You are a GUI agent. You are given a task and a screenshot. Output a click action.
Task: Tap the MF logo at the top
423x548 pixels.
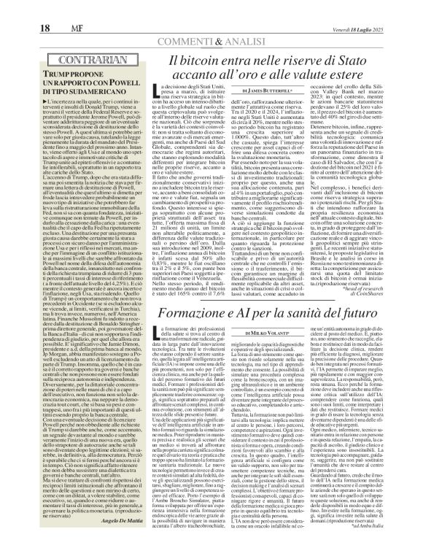pos(53,9)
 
